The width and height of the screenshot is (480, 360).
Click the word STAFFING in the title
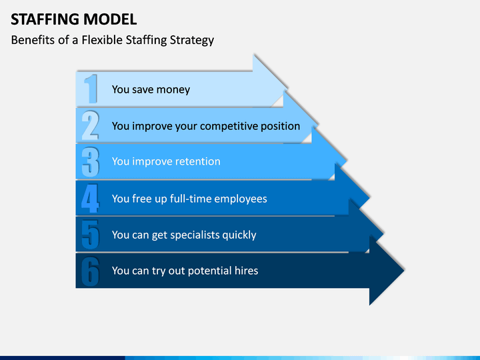[x=45, y=19]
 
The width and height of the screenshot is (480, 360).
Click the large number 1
[x=91, y=89]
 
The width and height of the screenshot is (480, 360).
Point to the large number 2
[x=90, y=125]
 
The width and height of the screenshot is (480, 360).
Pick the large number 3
[x=91, y=162]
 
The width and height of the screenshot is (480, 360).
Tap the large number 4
[x=90, y=198]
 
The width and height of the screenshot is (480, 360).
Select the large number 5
[x=91, y=235]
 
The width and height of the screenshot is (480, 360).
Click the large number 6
[x=91, y=271]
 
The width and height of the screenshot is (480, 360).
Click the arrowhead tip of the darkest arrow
[x=404, y=270]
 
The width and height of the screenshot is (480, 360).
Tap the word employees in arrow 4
[x=241, y=199]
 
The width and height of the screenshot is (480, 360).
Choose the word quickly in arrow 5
[x=239, y=235]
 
